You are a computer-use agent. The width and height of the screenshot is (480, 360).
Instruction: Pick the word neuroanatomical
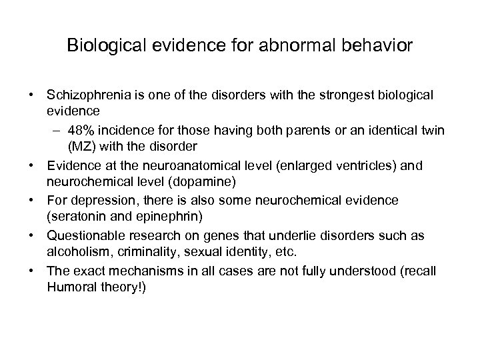tap(163, 161)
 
